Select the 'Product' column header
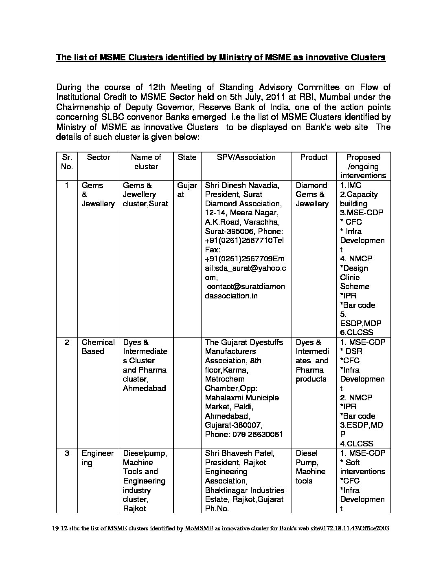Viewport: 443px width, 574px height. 314,157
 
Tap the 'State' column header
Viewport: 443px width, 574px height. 187,157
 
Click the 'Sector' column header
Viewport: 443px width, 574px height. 98,157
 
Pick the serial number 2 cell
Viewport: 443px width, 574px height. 67,342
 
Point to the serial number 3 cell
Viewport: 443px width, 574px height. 67,453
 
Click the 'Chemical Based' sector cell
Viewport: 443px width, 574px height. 98,347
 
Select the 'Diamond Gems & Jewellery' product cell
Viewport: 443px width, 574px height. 312,194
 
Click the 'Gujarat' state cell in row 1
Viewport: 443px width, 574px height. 187,190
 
